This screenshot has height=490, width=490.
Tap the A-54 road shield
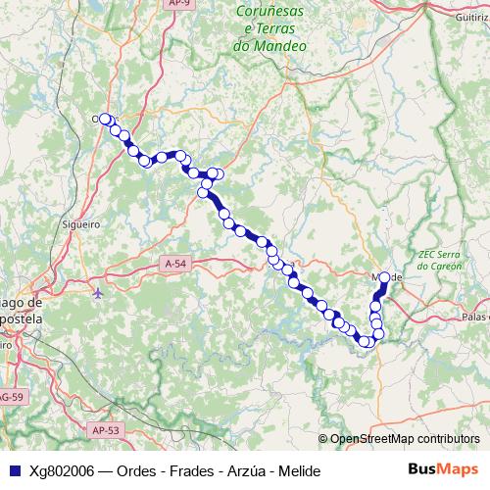pyautogui.click(x=175, y=264)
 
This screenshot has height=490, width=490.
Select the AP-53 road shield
pyautogui.click(x=106, y=429)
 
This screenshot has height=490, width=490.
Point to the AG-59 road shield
pyautogui.click(x=10, y=397)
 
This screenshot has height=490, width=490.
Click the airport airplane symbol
pyautogui.click(x=98, y=293)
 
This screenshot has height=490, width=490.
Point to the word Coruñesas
pyautogui.click(x=270, y=13)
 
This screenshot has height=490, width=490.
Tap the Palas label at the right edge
pyautogui.click(x=477, y=317)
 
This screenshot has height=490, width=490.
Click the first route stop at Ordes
pyautogui.click(x=104, y=119)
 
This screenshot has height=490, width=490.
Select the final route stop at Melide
pyautogui.click(x=384, y=277)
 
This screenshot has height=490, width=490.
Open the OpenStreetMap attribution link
pyautogui.click(x=404, y=438)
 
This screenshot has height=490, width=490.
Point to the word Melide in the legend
pyautogui.click(x=301, y=471)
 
